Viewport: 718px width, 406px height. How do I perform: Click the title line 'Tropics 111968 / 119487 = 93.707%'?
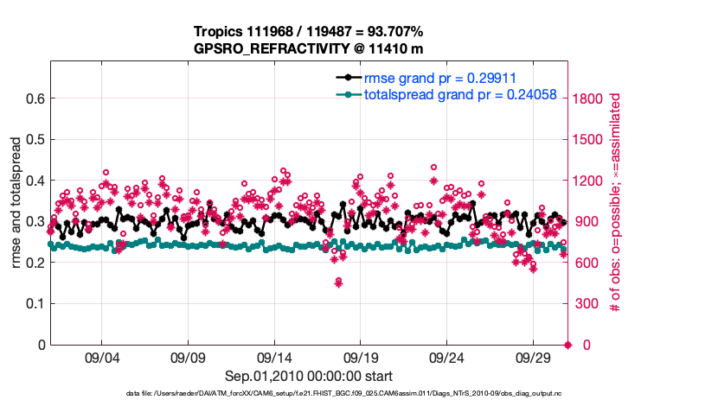(308, 32)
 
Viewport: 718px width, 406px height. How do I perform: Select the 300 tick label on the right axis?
(586, 303)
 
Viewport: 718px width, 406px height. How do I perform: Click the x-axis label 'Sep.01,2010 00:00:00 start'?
(308, 376)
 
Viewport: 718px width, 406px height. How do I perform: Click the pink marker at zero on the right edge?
(567, 345)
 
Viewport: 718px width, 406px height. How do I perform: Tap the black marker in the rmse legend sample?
(348, 78)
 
